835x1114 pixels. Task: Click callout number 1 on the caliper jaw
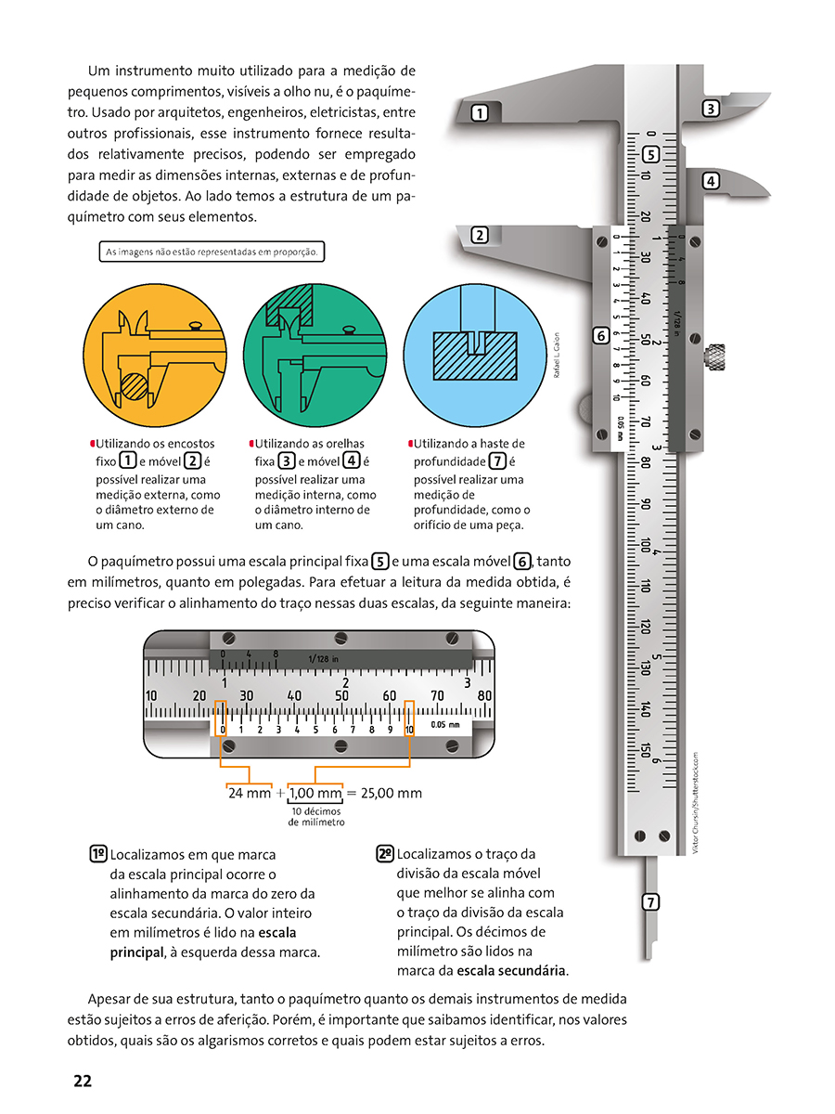coord(480,114)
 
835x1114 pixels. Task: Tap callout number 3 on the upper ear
coord(711,109)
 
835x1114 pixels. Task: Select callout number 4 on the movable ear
coord(711,181)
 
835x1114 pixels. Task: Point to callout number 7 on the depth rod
coord(651,901)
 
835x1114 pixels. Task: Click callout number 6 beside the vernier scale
coord(600,335)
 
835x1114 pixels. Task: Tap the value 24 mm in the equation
coord(250,793)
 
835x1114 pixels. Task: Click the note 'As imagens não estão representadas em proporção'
coord(212,252)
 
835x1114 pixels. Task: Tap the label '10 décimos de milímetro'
coord(316,817)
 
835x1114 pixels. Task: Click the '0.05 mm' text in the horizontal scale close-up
coord(445,725)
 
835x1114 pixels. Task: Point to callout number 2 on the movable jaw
coord(480,235)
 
